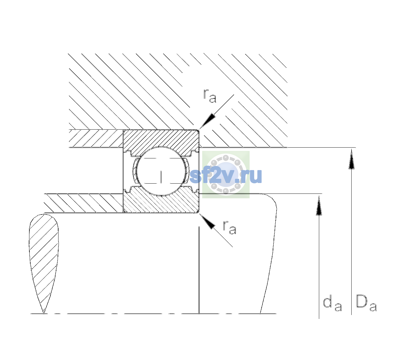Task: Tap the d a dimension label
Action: pyautogui.click(x=332, y=305)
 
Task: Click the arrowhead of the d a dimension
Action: pyautogui.click(x=319, y=206)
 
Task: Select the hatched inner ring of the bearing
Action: pyautogui.click(x=161, y=201)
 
